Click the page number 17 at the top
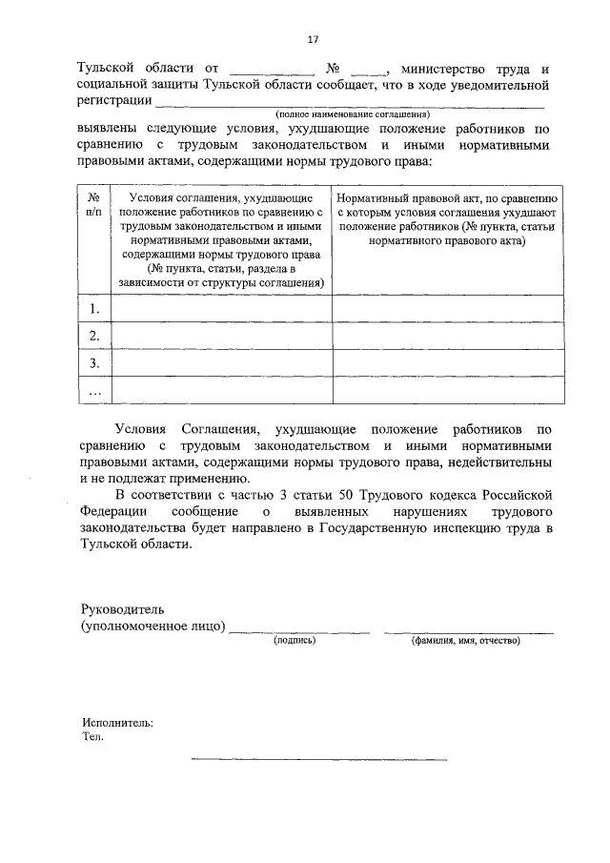[x=312, y=39]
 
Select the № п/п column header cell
[x=93, y=209]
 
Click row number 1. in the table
[x=93, y=309]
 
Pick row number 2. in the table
[x=93, y=336]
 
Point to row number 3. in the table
[x=93, y=363]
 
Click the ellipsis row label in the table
[x=93, y=390]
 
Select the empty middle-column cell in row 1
[x=222, y=309]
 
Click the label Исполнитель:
[x=117, y=723]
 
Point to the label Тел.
[x=92, y=736]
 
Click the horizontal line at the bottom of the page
[x=318, y=759]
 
